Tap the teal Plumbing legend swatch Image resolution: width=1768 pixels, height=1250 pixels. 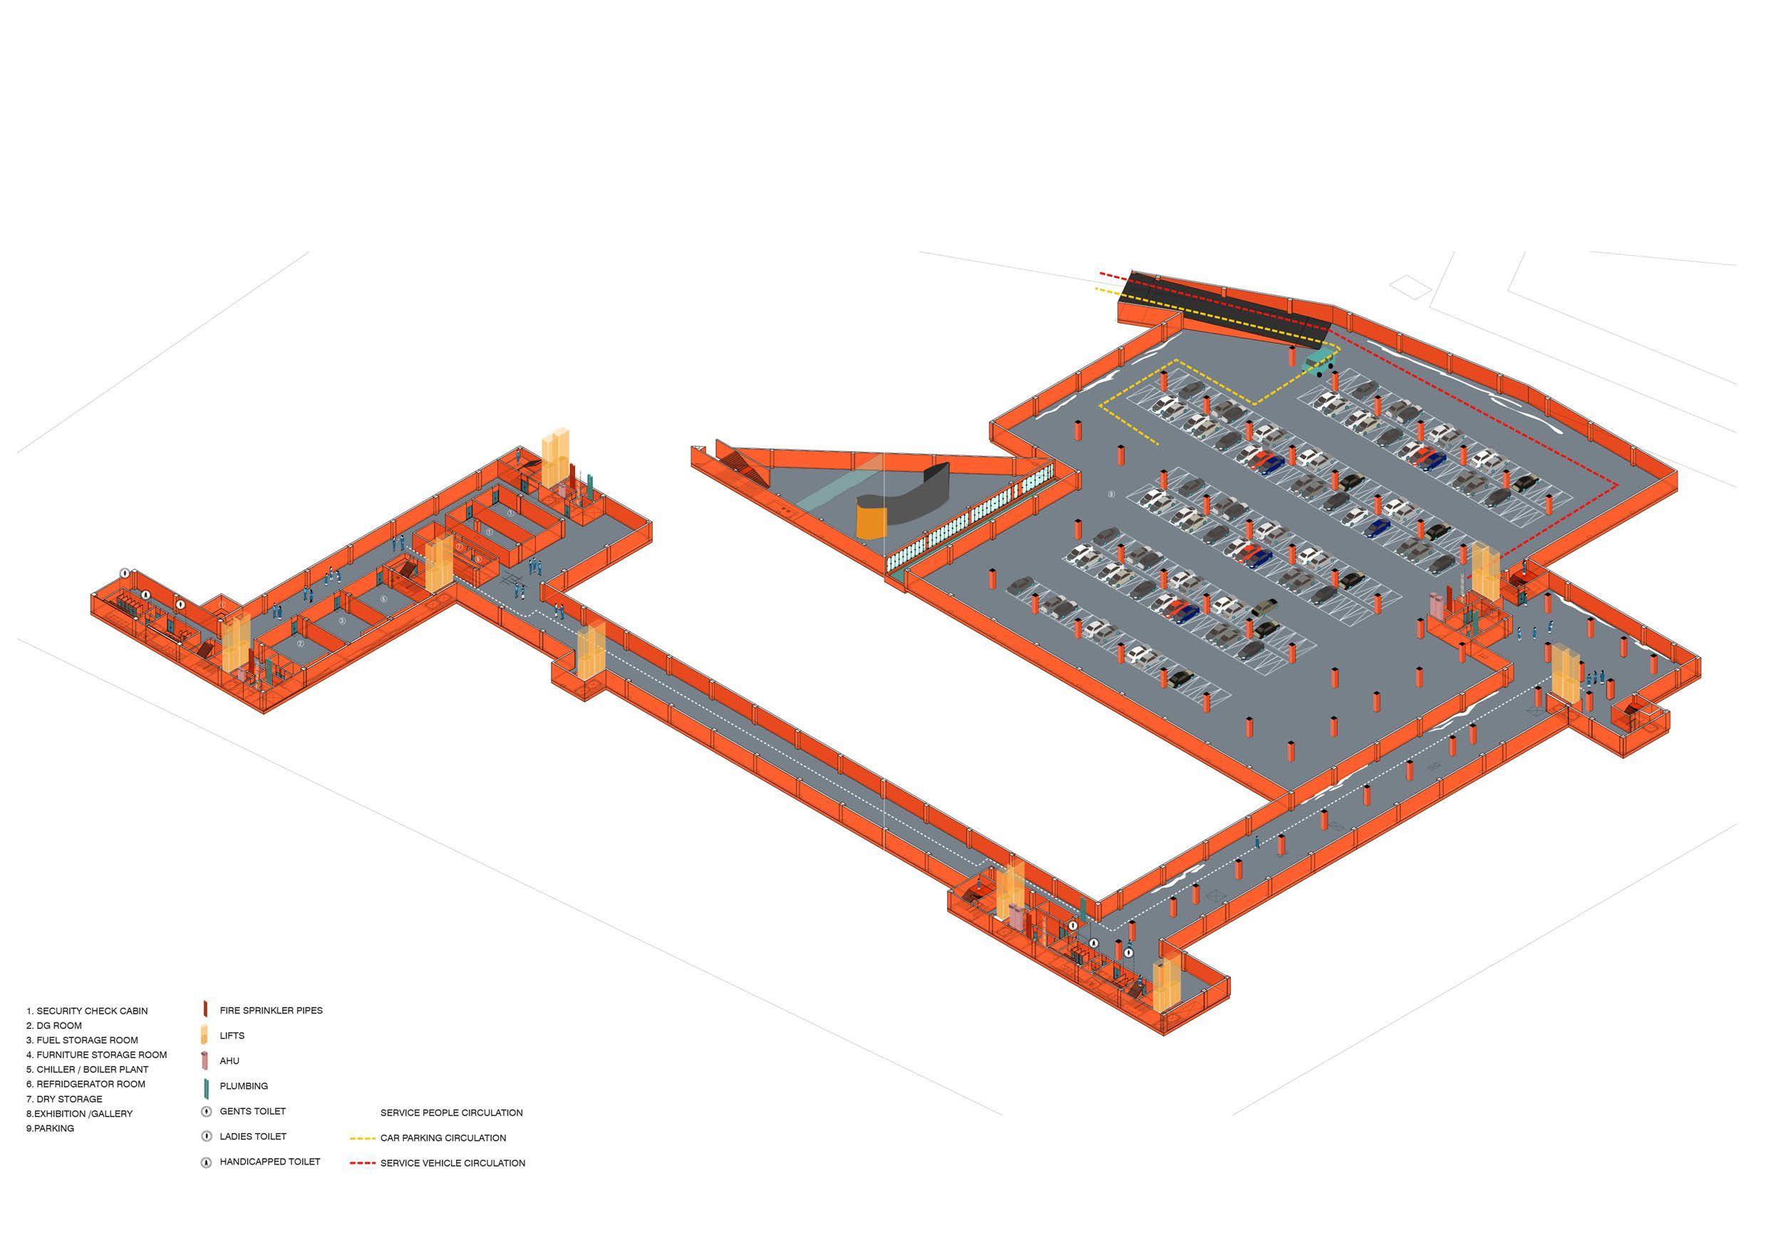[206, 1087]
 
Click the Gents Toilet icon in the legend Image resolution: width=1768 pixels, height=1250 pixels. [206, 1111]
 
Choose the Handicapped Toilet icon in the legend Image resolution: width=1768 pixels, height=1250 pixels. [206, 1163]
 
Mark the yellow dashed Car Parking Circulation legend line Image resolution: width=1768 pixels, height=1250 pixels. [362, 1137]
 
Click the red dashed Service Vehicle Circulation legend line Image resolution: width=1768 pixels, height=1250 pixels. [362, 1163]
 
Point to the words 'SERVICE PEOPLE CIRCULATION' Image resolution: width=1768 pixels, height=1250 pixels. [451, 1112]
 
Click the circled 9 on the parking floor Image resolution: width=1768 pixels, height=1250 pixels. [1110, 494]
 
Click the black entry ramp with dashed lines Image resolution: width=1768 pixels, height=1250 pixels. [1224, 308]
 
